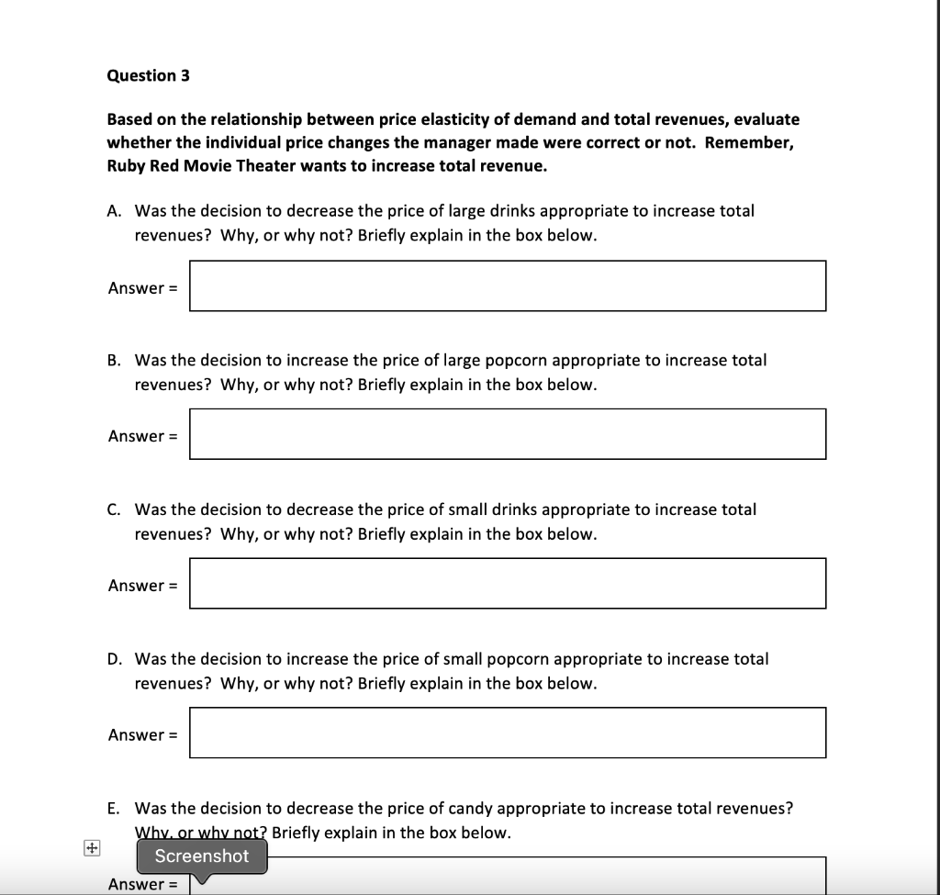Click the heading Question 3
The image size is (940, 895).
coord(148,75)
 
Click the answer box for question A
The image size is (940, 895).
coord(507,286)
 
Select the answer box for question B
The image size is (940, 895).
coord(507,434)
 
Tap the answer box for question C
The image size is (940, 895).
coord(507,583)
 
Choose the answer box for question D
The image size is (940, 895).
coord(507,733)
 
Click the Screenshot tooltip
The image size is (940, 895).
coord(202,856)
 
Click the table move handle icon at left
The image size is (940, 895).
coord(90,849)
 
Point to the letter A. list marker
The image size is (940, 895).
coord(114,211)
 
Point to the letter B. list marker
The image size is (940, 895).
coord(114,361)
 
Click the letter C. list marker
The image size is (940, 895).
coord(114,509)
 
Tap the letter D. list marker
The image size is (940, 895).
coord(115,659)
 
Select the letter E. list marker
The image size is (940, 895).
coord(113,809)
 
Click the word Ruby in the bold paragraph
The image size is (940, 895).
coord(127,167)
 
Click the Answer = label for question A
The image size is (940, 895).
coord(142,288)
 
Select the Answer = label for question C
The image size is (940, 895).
coord(142,586)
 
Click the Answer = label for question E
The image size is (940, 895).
coord(142,885)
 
